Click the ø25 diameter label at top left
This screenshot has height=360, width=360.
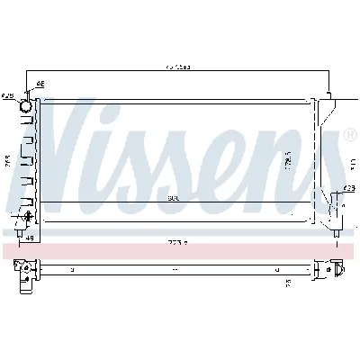tap(8, 94)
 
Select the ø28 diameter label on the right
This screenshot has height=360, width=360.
tap(347, 189)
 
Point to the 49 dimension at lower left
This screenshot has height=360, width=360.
tap(29, 238)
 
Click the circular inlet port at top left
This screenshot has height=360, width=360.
tap(26, 106)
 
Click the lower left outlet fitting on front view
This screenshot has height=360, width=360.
tap(26, 218)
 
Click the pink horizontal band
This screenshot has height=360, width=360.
tap(180, 251)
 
